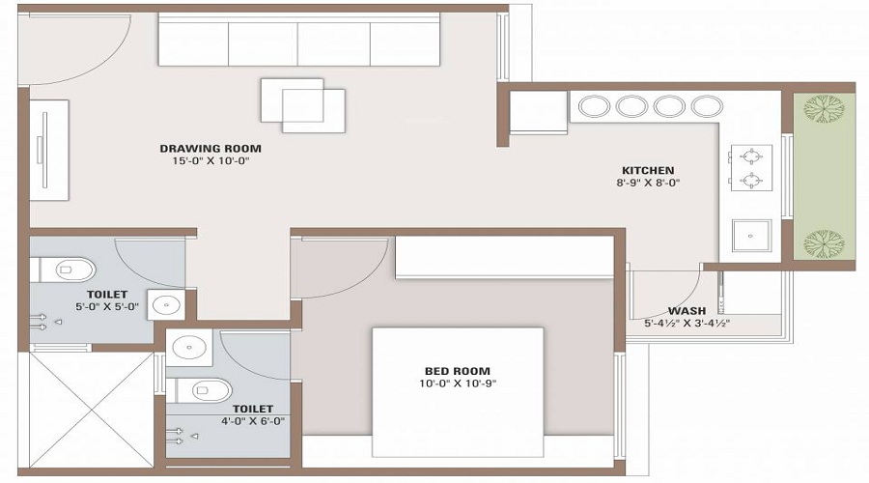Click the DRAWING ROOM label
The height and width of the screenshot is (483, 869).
[210, 149]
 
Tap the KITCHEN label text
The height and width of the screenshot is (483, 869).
[647, 170]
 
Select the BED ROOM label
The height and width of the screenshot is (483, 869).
[457, 371]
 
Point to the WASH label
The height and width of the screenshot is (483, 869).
[687, 311]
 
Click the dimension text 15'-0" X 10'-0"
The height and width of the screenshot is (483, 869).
[210, 161]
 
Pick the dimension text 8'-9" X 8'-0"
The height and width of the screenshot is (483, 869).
[647, 183]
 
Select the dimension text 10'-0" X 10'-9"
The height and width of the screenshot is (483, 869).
[457, 384]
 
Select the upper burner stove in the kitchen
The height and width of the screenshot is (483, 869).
[749, 155]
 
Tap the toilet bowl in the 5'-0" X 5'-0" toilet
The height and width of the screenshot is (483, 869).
[72, 268]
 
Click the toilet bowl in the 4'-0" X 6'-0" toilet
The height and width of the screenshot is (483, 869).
[210, 390]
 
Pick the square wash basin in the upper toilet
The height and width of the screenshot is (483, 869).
[166, 303]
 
